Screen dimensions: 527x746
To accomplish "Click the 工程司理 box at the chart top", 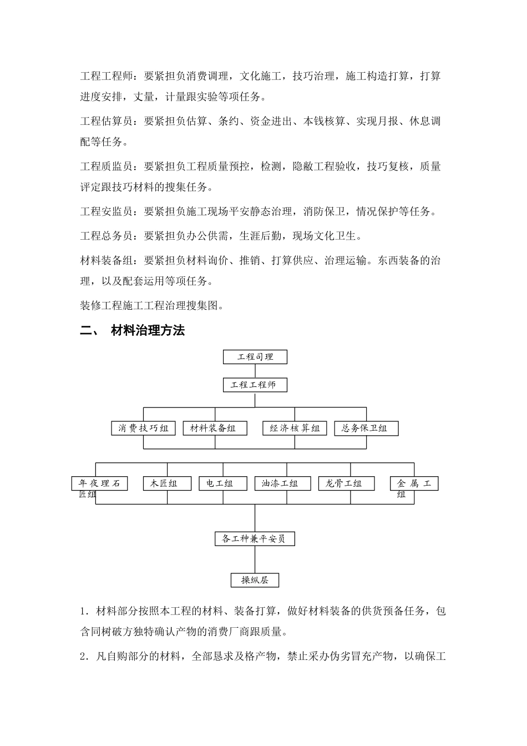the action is [255, 357].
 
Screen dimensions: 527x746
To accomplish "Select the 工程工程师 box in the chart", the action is [255, 385].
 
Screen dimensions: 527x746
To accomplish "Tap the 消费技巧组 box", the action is [143, 428].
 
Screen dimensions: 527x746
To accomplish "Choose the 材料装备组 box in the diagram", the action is [215, 428].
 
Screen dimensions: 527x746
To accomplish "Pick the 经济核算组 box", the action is [295, 428].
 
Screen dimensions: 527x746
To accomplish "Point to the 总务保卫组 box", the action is [366, 428].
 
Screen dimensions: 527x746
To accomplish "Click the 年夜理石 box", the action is [99, 483].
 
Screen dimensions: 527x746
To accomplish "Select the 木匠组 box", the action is [167, 483].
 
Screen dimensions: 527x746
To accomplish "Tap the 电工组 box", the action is [223, 483].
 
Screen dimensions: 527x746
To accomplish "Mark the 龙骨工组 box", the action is [347, 483].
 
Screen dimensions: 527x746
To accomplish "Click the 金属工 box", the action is [414, 483].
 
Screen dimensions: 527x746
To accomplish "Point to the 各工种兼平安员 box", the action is [255, 538].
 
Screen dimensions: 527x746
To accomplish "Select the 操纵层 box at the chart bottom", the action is [255, 580].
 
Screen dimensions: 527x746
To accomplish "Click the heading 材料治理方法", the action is [148, 331].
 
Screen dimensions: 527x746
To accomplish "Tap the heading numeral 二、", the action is [90, 331].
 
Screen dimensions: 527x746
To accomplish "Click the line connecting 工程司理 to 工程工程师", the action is [255, 371].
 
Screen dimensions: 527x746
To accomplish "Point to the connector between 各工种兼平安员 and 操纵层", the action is [255, 559].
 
